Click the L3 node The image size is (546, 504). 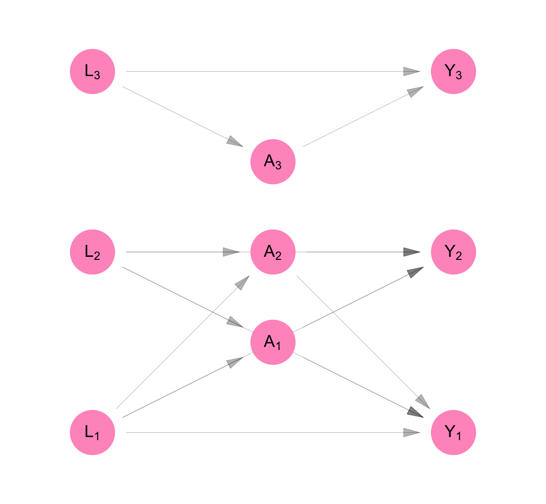(x=92, y=71)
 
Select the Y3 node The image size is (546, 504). (x=453, y=71)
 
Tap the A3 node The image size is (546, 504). (x=273, y=162)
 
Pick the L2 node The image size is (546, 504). (x=92, y=252)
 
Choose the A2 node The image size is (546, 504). (x=273, y=252)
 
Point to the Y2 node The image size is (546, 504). (x=453, y=252)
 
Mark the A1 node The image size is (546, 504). (x=273, y=342)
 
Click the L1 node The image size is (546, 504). (x=92, y=432)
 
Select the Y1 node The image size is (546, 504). (x=453, y=432)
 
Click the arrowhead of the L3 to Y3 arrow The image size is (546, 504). (x=411, y=71)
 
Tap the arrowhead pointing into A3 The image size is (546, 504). (x=235, y=142)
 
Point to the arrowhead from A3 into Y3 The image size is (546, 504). (x=415, y=91)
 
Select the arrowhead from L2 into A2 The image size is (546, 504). (x=231, y=252)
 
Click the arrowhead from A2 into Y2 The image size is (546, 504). (x=411, y=252)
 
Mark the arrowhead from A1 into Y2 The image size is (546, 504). (x=415, y=272)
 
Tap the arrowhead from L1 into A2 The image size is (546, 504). (x=242, y=283)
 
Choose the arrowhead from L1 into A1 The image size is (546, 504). (x=235, y=362)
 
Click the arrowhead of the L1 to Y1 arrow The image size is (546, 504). (x=411, y=433)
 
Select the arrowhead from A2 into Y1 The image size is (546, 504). (x=423, y=401)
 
